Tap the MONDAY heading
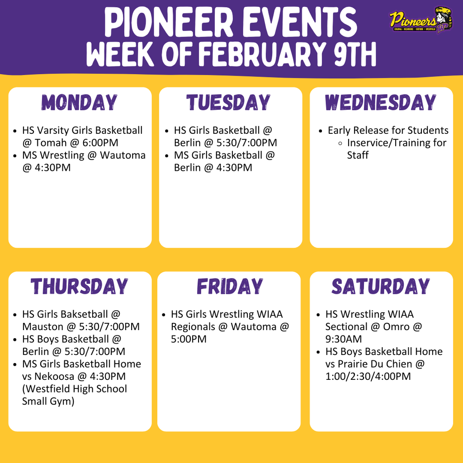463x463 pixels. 80,102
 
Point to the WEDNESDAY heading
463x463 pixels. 381,102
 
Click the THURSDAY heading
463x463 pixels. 80,286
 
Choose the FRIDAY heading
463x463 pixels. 230,286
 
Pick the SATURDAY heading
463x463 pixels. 381,286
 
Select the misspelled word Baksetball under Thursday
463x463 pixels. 85,314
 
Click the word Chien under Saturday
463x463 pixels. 397,364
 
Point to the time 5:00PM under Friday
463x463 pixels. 189,339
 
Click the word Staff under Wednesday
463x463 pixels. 358,155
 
